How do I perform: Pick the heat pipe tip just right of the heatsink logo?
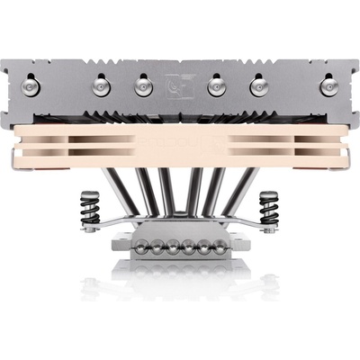[217, 85]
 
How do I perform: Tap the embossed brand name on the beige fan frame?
[179, 144]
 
